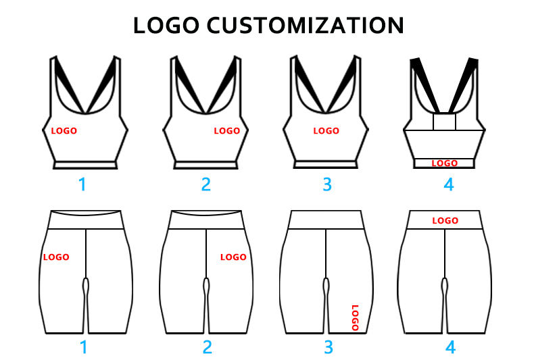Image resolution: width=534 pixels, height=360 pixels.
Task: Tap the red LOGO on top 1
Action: coord(64,130)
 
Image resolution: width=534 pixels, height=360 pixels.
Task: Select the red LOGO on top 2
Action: coord(227,130)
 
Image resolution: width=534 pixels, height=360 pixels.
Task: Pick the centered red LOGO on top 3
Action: coord(326,130)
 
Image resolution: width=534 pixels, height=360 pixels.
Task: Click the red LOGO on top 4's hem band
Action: coord(445,163)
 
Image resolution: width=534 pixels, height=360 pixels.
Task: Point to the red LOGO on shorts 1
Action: coord(56,257)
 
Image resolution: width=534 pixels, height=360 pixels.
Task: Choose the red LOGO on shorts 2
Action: coord(234,257)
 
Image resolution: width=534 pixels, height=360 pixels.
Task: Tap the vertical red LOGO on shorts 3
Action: coord(355,317)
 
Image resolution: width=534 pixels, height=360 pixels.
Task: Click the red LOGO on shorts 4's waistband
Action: coord(445,220)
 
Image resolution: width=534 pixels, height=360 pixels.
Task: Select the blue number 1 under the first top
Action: coord(83,184)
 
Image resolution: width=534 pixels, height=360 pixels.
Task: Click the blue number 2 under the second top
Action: coord(205,184)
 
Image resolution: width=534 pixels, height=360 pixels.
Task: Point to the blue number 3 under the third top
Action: coord(327,184)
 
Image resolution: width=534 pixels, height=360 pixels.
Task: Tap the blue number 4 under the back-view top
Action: coord(448,184)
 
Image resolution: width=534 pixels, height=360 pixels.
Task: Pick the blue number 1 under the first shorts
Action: coord(84,347)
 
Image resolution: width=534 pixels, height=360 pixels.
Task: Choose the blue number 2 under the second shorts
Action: coord(207,347)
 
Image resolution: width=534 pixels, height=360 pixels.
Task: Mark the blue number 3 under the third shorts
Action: coord(329,347)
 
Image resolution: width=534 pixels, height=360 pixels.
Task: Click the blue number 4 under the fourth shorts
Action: coord(450,347)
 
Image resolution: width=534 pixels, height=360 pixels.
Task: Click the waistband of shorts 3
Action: coord(326,220)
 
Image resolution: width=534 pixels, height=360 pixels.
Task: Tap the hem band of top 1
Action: coord(85,164)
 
